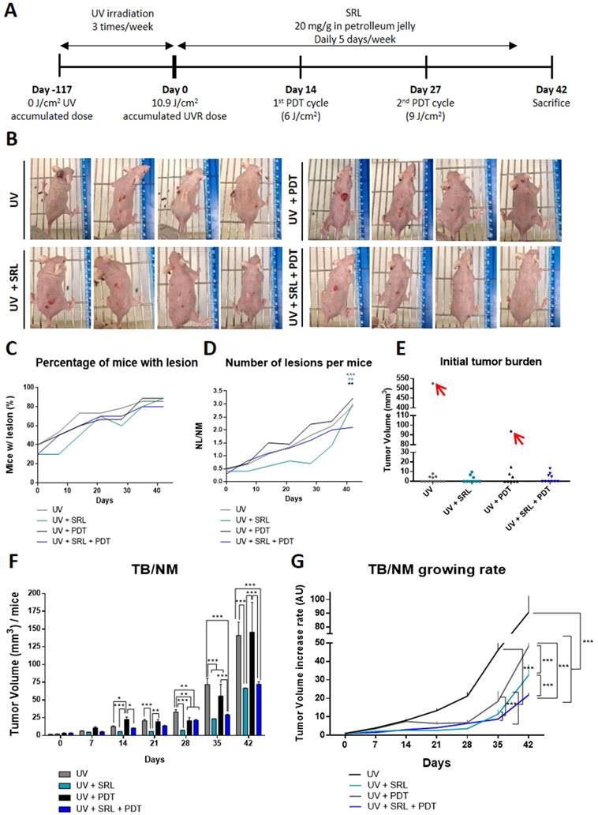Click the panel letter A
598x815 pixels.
click(x=11, y=12)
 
